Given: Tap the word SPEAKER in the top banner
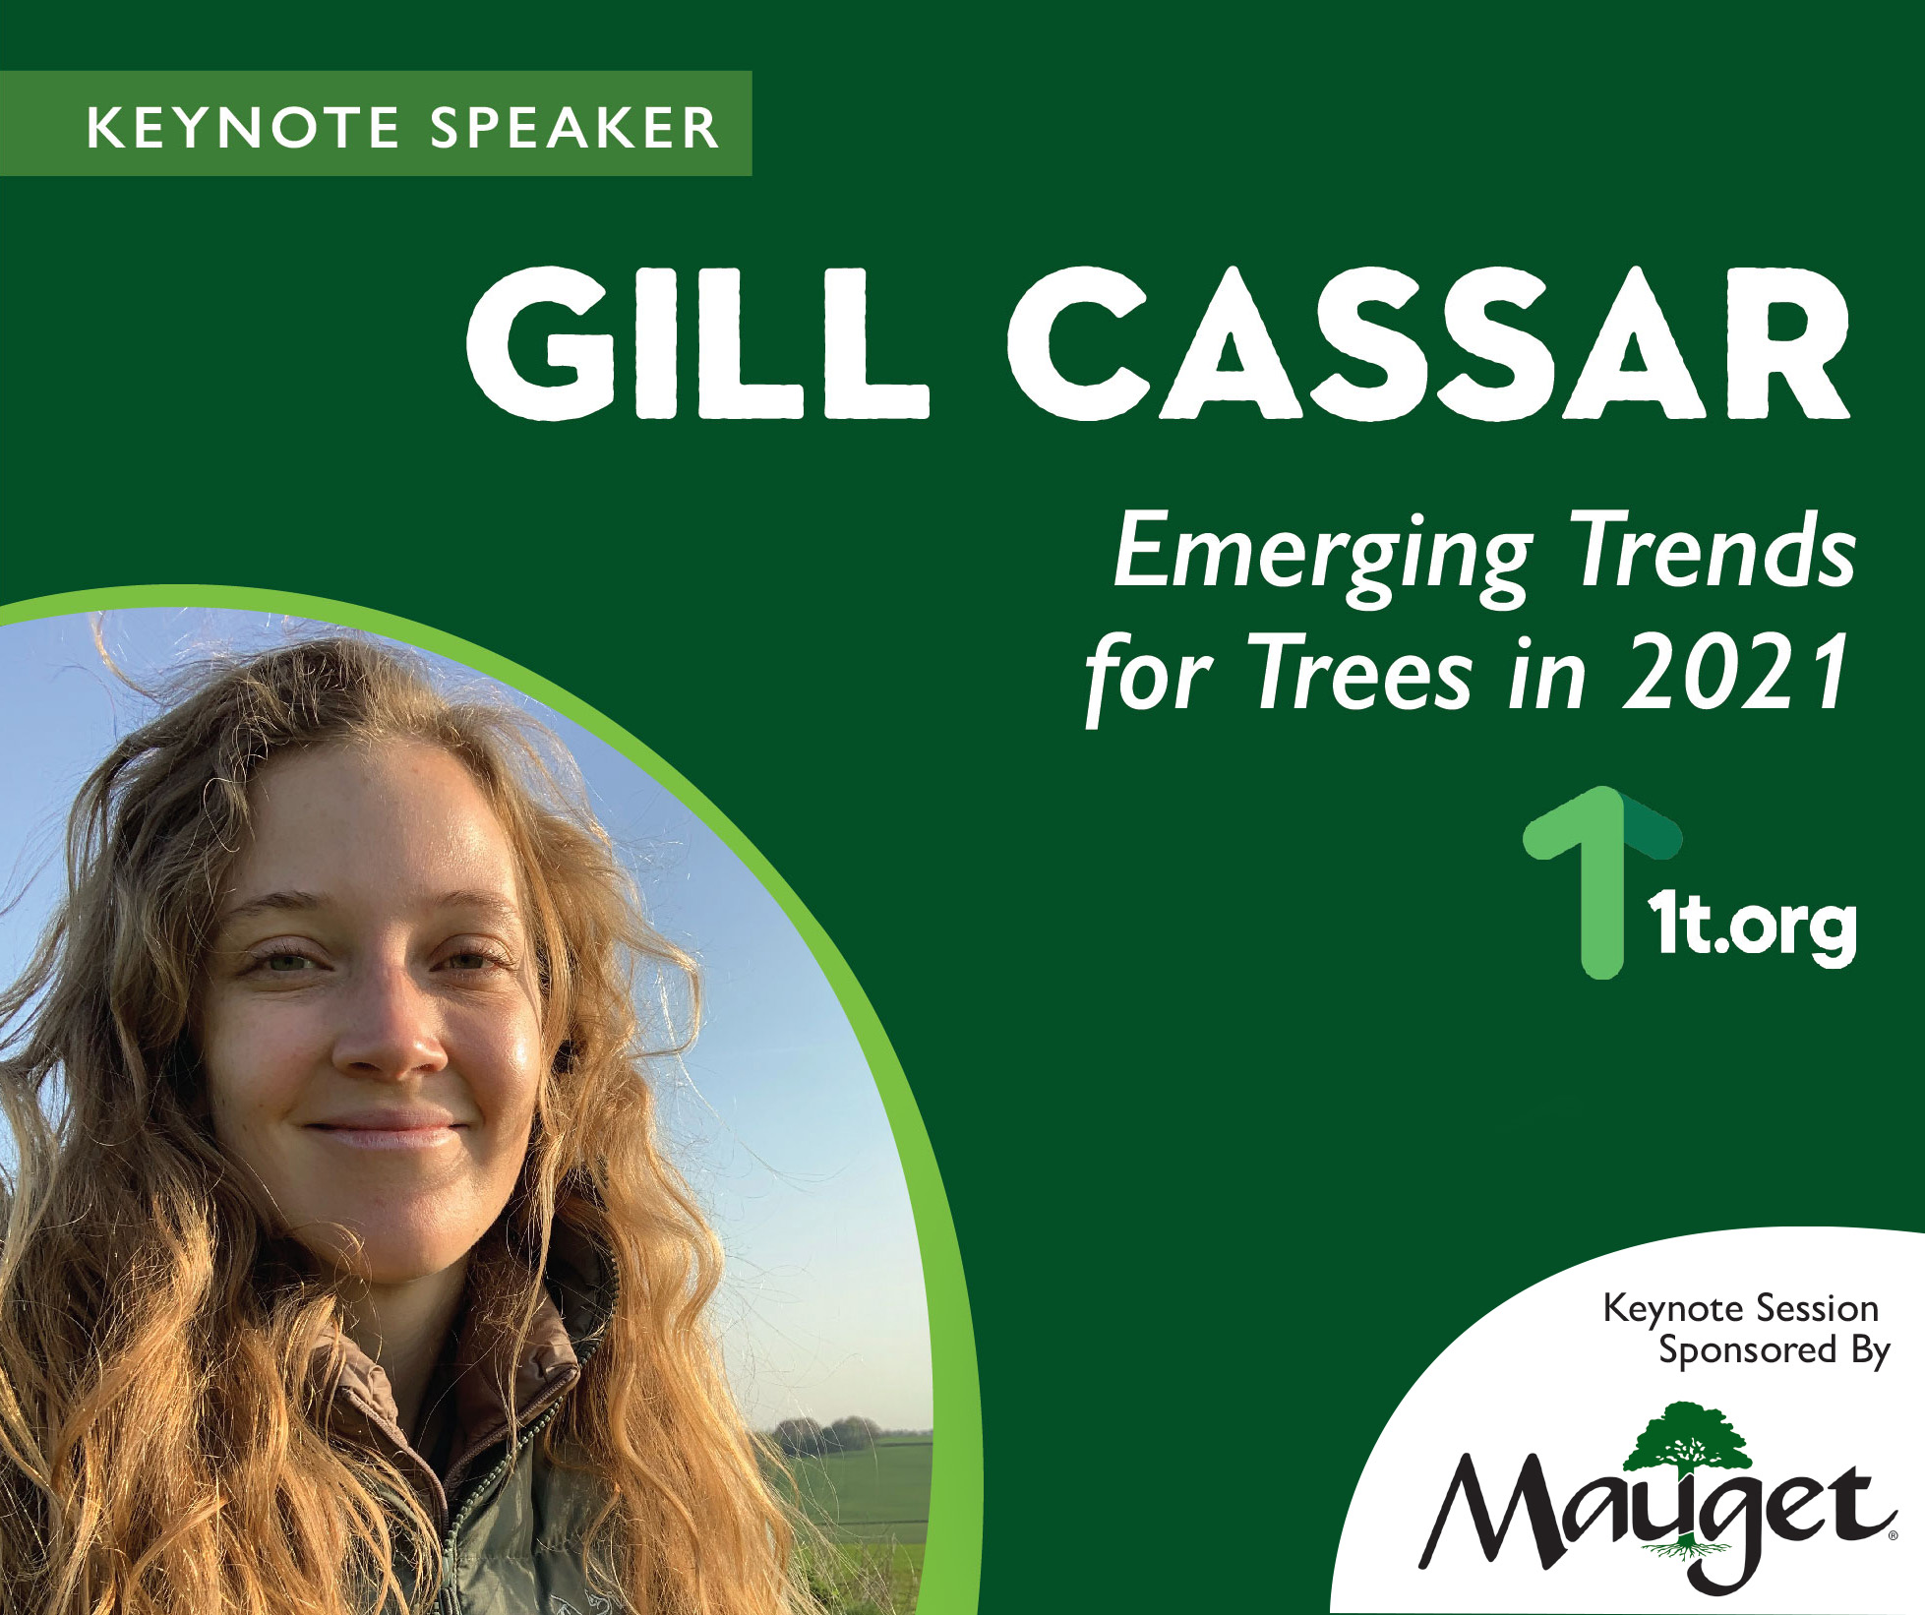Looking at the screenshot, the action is pyautogui.click(x=575, y=128).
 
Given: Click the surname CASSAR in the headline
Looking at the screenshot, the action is pyautogui.click(x=1428, y=342).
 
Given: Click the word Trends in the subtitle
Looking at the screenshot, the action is pyautogui.click(x=1714, y=549).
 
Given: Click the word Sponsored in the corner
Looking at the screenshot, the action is pyautogui.click(x=1747, y=1350).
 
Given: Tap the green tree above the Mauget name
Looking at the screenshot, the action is pyautogui.click(x=1686, y=1447).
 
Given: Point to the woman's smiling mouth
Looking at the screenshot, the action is pyautogui.click(x=384, y=1129).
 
